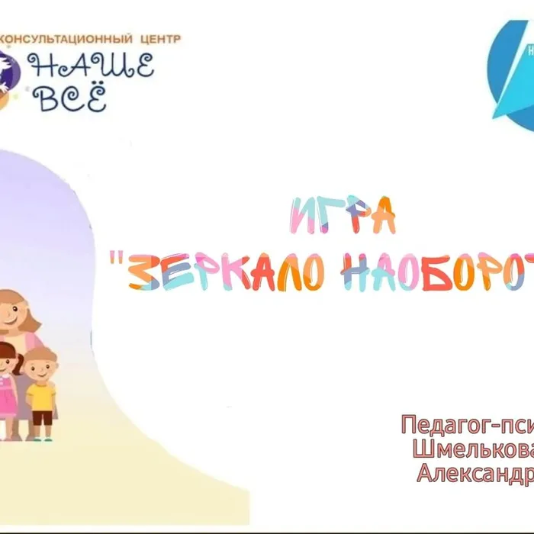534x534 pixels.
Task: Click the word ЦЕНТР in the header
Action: point(160,38)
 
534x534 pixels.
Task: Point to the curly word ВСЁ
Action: point(73,98)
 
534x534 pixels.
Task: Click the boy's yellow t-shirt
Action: point(41,396)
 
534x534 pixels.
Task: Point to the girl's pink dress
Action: point(8,397)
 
